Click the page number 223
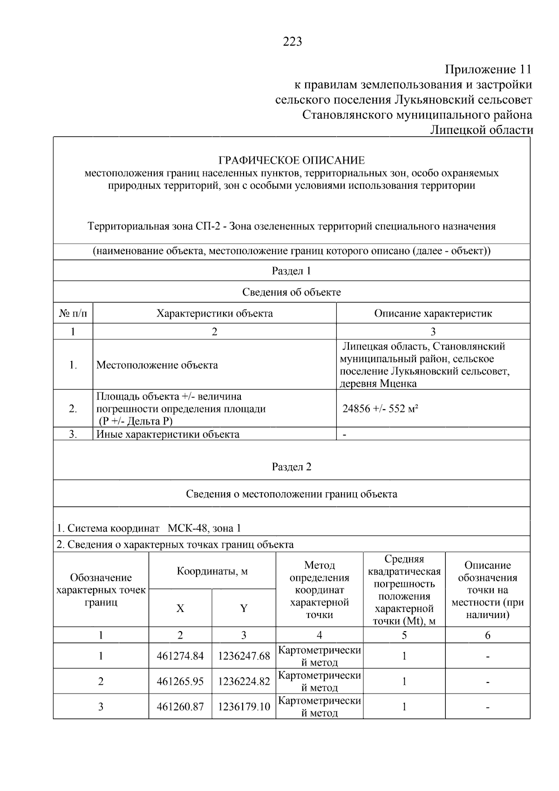click(292, 42)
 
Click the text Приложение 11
click(488, 70)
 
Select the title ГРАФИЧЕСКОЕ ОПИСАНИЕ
click(292, 160)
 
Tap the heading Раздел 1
click(291, 271)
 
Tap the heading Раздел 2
click(291, 467)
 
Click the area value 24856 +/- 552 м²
click(380, 409)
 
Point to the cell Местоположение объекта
click(157, 365)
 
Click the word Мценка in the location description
click(398, 384)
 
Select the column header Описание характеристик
click(433, 313)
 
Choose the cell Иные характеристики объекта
click(168, 434)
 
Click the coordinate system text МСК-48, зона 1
click(205, 529)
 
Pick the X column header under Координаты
click(180, 608)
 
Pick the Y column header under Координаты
click(244, 608)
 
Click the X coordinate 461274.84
click(180, 656)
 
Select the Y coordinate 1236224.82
click(244, 681)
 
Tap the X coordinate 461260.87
click(180, 707)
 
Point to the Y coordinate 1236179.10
click(244, 707)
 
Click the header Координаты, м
click(212, 571)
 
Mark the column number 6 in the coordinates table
click(488, 635)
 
